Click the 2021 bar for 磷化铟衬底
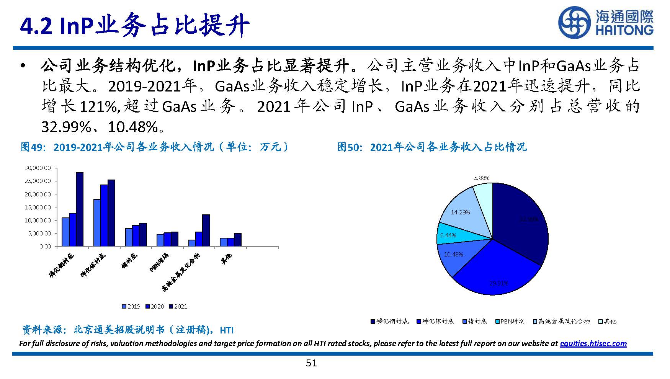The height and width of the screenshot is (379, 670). tap(80, 209)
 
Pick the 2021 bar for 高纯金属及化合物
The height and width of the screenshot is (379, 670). tap(206, 230)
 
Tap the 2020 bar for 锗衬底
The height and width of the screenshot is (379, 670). tap(136, 236)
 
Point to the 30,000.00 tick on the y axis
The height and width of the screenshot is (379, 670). tap(37, 168)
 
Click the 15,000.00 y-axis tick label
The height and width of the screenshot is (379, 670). tap(37, 207)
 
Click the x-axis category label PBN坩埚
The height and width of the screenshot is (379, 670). tap(159, 262)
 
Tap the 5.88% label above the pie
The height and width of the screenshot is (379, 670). tap(482, 178)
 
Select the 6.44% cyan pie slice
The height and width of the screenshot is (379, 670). tap(448, 235)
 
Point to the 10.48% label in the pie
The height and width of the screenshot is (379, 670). tap(453, 254)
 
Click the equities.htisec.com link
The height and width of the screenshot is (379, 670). tap(593, 343)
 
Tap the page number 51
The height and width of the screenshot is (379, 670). tap(311, 363)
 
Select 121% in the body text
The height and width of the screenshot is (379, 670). tap(99, 107)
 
